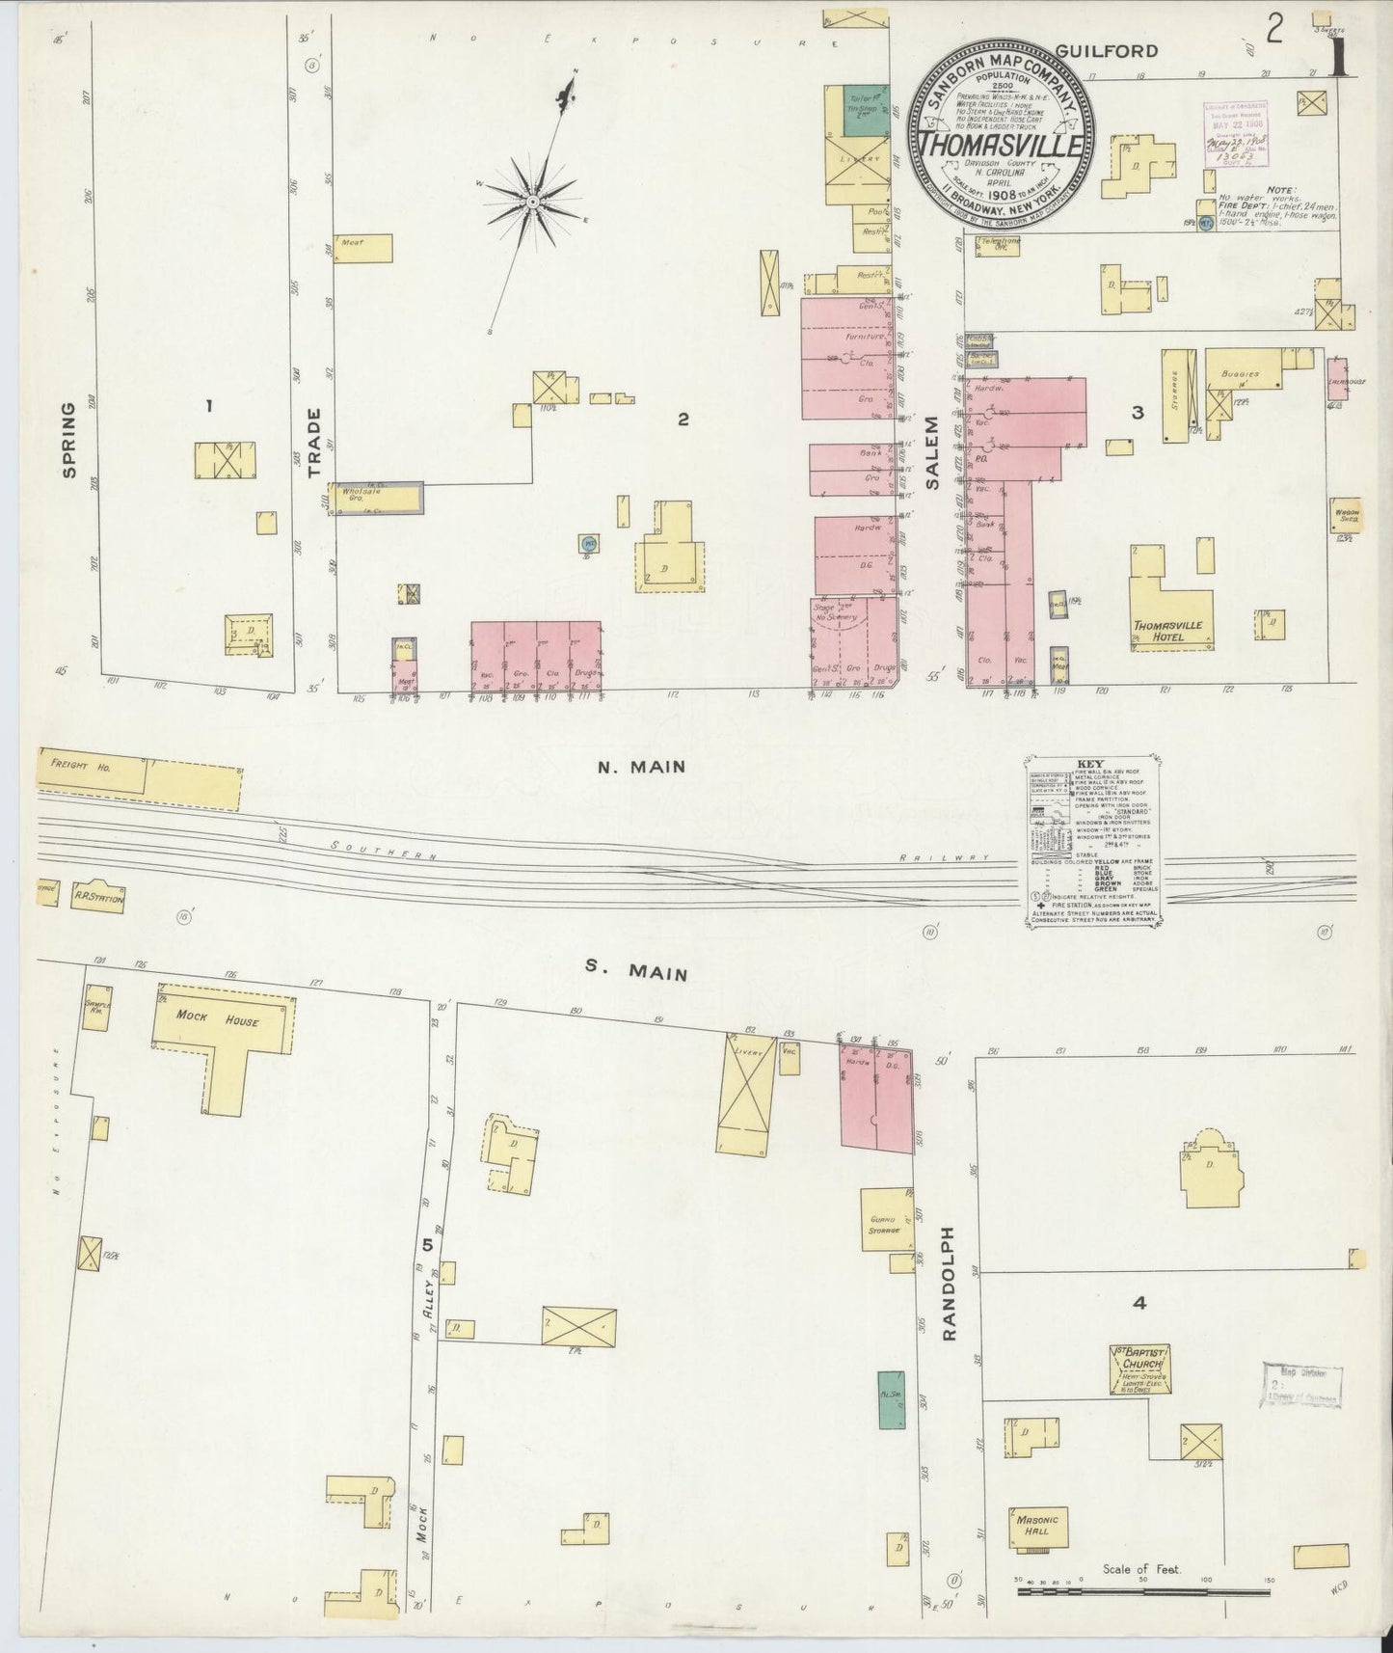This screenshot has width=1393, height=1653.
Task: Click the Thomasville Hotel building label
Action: click(1168, 631)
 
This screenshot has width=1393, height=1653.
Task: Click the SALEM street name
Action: click(932, 454)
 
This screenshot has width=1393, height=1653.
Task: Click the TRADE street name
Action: click(313, 443)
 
